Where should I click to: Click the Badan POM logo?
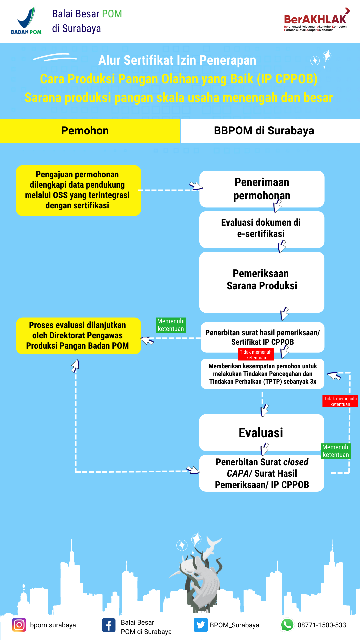point(26,21)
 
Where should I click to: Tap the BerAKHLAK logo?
point(316,20)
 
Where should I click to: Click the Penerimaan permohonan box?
point(262,189)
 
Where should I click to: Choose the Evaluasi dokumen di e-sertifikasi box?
point(262,229)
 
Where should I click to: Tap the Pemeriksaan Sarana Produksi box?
point(262,282)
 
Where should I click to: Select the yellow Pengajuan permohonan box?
point(78,190)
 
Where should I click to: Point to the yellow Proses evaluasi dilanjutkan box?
point(78,336)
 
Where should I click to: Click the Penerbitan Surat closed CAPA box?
point(262,473)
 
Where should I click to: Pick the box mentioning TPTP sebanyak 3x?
point(262,374)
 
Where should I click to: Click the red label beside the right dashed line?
point(340,401)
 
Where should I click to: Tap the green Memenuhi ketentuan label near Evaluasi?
point(336,451)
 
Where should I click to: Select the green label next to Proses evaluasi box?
point(171,325)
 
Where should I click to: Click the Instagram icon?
point(19,625)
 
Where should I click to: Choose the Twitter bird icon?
point(201,625)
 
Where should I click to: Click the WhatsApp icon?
point(287,625)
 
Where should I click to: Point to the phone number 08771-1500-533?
point(322,625)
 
